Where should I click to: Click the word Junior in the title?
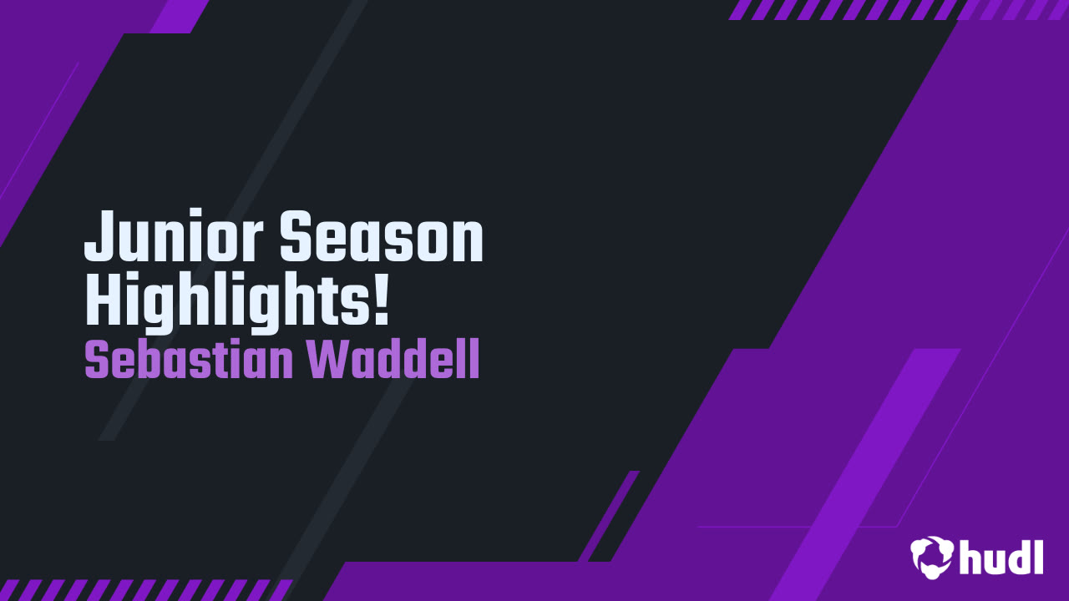tap(175, 237)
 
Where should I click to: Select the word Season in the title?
tap(381, 237)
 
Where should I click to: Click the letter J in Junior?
tap(99, 237)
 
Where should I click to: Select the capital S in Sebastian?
tap(97, 361)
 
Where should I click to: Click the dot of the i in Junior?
tap(195, 215)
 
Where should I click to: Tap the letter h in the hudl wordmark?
tap(972, 556)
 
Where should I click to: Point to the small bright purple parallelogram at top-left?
tap(180, 16)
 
